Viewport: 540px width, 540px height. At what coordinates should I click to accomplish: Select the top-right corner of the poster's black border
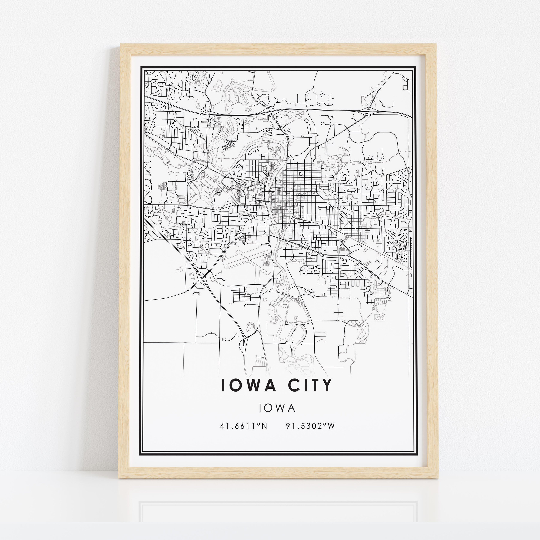pyautogui.click(x=416, y=67)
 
